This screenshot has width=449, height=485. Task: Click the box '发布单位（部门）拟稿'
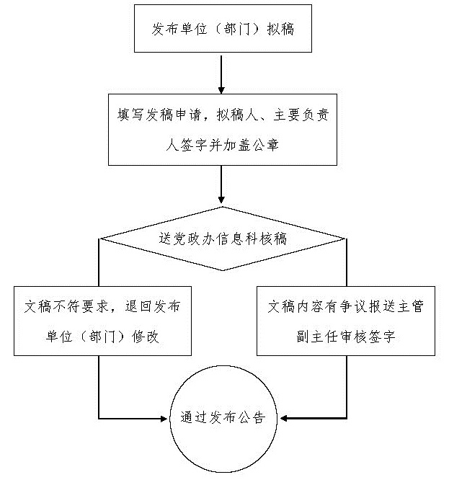coord(222,30)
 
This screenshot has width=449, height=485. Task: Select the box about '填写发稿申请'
coord(222,129)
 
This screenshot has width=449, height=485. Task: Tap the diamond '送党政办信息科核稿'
coord(222,239)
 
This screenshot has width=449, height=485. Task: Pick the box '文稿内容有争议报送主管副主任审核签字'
coord(345,321)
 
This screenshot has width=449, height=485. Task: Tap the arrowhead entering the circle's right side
coord(283,418)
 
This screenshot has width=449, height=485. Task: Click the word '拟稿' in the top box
coord(280,30)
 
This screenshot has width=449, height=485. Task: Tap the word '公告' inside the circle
coord(252,418)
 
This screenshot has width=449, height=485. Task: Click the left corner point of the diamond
coord(99,239)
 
